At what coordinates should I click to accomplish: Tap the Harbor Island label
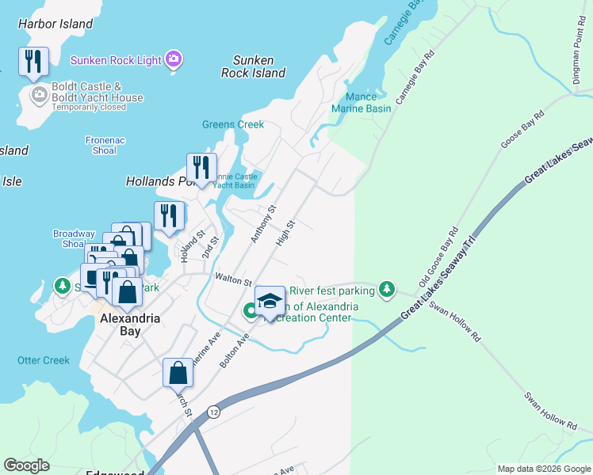coord(55,24)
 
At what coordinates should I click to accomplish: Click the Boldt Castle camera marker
coord(38,96)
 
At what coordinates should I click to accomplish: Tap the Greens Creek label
coord(232,124)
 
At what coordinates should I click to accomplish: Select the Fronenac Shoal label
coord(105,146)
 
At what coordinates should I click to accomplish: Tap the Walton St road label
coord(232,279)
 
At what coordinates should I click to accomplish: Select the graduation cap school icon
coord(270,300)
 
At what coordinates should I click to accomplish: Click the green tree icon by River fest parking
coord(386,291)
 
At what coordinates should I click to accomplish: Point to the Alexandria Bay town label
coord(131,325)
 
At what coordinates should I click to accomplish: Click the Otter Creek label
coord(44,360)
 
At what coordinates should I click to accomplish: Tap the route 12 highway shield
coord(213,412)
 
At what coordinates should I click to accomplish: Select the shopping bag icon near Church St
coord(178,372)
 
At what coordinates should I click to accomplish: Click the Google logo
coord(27,465)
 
